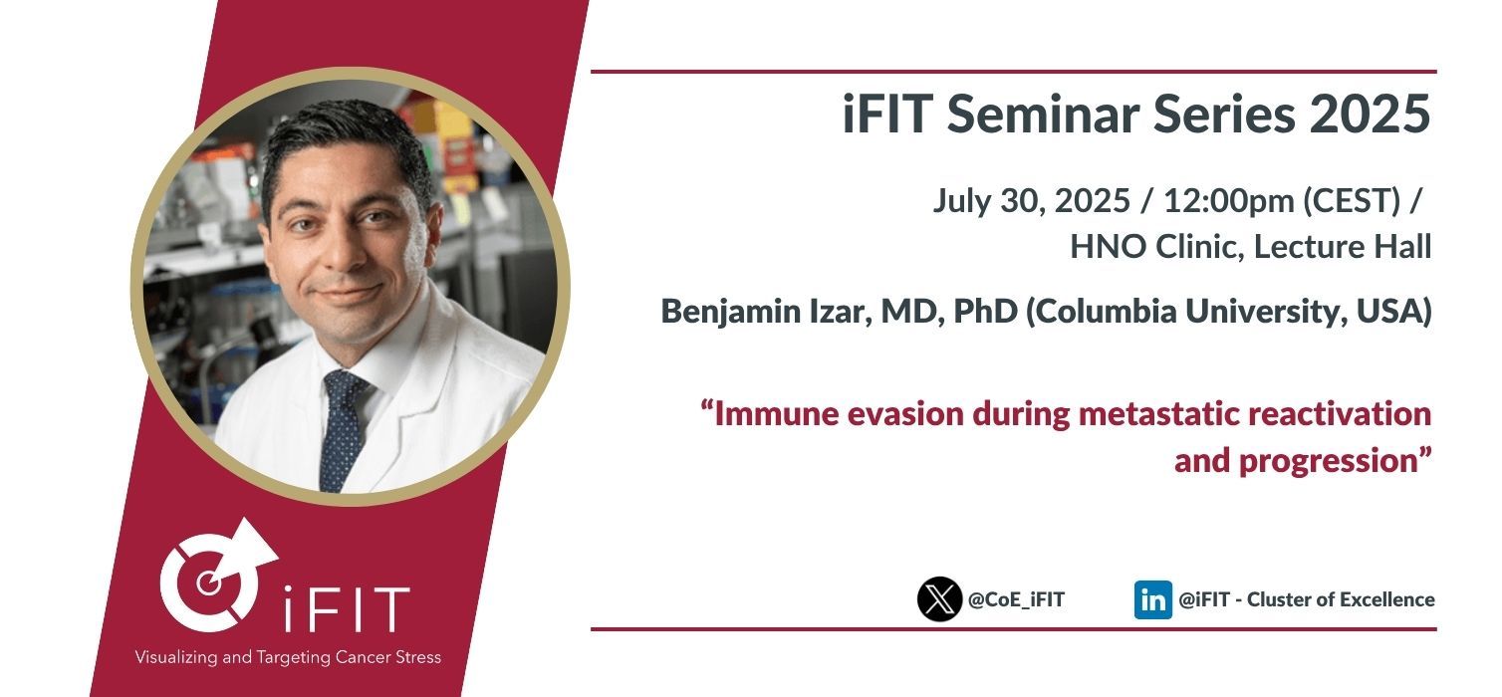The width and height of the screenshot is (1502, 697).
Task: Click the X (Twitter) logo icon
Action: coord(938,598)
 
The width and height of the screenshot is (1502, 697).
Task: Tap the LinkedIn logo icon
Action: coord(1152,599)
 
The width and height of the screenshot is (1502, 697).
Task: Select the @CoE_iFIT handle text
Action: coord(1016,599)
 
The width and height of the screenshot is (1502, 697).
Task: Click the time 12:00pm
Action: coord(1228,200)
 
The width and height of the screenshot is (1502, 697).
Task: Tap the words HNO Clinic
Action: coord(1156,247)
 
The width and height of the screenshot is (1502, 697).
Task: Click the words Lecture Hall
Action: coord(1343,247)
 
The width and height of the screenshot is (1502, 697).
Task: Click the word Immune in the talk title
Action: coord(776,414)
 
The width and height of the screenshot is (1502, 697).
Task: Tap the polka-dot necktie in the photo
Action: coord(343,430)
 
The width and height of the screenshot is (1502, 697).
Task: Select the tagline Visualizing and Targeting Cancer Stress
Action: coord(288,657)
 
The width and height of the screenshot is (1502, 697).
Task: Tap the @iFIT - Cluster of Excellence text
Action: coord(1306,599)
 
